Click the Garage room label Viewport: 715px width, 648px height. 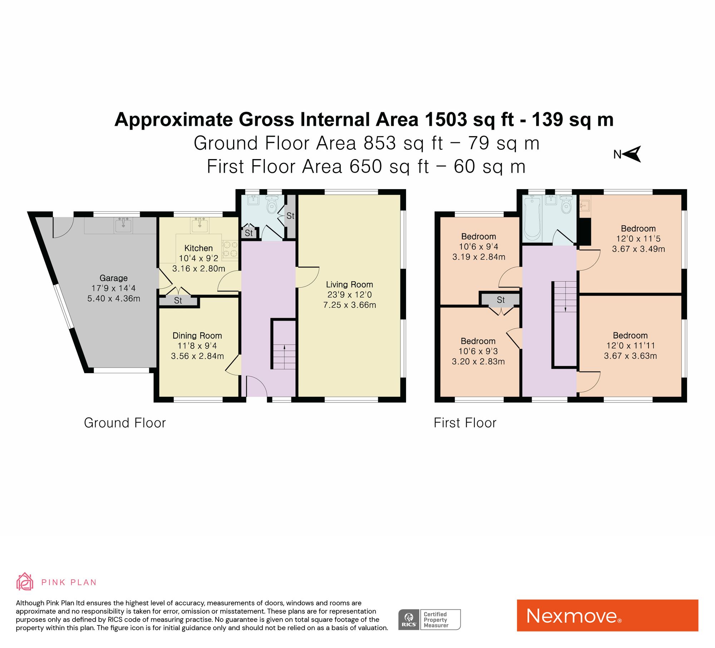pos(113,278)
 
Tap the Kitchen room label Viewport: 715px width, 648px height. pos(198,248)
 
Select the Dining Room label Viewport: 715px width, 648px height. pos(197,336)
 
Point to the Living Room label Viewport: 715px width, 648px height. pos(349,285)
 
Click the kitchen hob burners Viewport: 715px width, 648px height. pos(230,249)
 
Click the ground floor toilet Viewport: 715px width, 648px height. pos(272,204)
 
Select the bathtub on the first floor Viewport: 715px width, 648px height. pos(532,218)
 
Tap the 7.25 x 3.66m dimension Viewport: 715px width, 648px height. pos(349,305)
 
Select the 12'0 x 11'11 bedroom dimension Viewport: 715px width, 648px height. pos(630,346)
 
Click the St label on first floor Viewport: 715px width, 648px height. pos(500,300)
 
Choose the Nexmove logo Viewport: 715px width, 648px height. pos(607,615)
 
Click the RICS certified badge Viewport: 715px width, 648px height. pos(429,619)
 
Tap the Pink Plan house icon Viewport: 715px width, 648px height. pos(25,582)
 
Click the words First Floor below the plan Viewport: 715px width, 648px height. pos(465,423)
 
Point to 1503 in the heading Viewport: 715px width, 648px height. pos(446,119)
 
